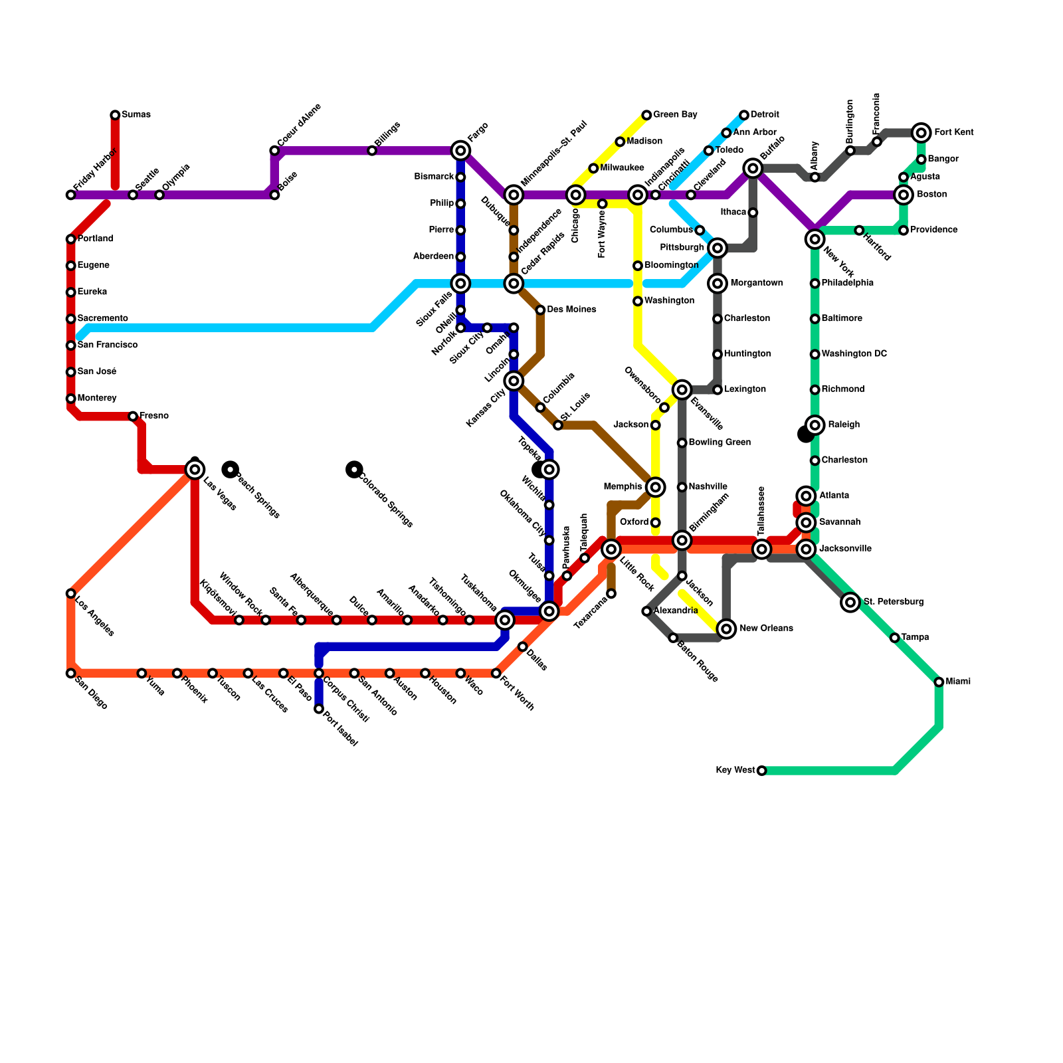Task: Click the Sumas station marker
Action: click(x=115, y=115)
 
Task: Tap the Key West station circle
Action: click(x=761, y=771)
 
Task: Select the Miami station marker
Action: click(x=939, y=682)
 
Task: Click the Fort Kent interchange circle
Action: click(x=921, y=133)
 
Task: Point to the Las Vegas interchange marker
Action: click(x=195, y=470)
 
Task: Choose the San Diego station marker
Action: click(x=70, y=674)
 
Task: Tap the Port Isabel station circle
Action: click(x=319, y=710)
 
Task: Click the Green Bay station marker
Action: click(x=646, y=115)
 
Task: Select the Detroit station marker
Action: click(x=744, y=115)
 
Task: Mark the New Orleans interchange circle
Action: click(x=727, y=628)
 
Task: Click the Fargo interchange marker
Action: click(x=460, y=151)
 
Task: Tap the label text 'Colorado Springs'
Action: click(x=386, y=500)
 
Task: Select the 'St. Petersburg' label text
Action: click(x=894, y=602)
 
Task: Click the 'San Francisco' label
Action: click(x=107, y=345)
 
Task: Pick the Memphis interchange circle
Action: click(x=655, y=487)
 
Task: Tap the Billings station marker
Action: click(x=372, y=151)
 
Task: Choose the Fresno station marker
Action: click(x=133, y=417)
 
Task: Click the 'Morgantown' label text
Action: click(x=756, y=284)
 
